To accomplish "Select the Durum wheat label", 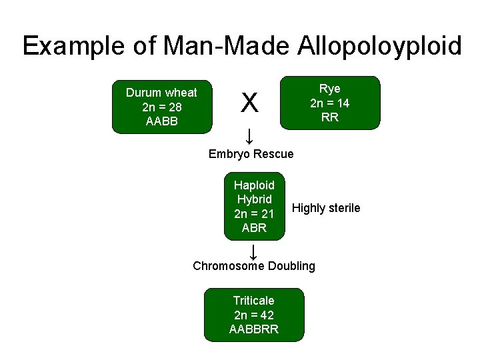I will click(x=161, y=93).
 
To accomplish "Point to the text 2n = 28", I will click(x=161, y=107).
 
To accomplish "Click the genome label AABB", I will click(x=161, y=122).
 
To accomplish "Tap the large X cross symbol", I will click(x=249, y=103).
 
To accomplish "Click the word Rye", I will click(x=329, y=89).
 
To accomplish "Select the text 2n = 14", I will click(x=329, y=103).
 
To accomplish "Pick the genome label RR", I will click(x=329, y=118).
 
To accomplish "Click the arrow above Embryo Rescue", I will click(x=249, y=137).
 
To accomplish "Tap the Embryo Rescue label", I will click(x=251, y=154).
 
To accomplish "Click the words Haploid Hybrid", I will click(x=254, y=192).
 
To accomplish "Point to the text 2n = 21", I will click(x=254, y=213).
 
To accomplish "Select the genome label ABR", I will click(x=254, y=228).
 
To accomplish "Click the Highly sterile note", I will click(x=326, y=208).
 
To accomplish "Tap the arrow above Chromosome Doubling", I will click(x=253, y=252).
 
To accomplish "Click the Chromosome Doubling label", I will click(x=254, y=266).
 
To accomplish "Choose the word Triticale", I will click(x=253, y=301).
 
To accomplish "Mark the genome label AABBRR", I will click(x=253, y=329).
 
